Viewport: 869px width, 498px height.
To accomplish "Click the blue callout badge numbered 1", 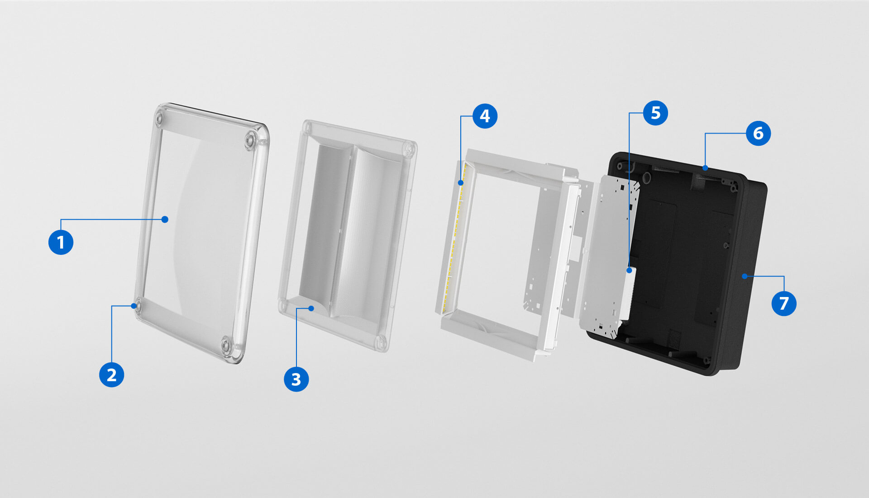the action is pos(61,242).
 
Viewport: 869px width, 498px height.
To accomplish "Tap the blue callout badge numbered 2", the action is pos(111,375).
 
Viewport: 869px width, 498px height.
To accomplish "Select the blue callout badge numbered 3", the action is pos(296,379).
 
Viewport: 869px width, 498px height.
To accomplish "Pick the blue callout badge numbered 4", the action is pos(485,116).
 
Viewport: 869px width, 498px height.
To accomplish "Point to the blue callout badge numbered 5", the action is pos(655,113).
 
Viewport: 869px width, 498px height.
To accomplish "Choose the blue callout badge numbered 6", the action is pos(758,134).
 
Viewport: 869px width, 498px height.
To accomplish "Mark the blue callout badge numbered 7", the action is pos(784,303).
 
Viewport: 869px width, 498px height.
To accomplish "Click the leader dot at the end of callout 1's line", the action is pos(165,220).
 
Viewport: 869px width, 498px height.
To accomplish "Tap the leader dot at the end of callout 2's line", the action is pos(134,306).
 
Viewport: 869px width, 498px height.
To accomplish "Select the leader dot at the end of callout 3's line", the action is pos(311,308).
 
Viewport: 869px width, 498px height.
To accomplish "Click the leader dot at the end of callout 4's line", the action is pos(461,183).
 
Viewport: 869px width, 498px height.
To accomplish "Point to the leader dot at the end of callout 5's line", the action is pos(629,270).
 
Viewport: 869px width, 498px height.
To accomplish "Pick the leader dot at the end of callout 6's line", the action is pos(705,168).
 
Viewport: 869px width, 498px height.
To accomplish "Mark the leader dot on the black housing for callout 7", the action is pos(745,276).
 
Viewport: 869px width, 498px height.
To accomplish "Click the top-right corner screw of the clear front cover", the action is pos(250,140).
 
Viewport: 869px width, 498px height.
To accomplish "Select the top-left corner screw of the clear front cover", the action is pos(159,119).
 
